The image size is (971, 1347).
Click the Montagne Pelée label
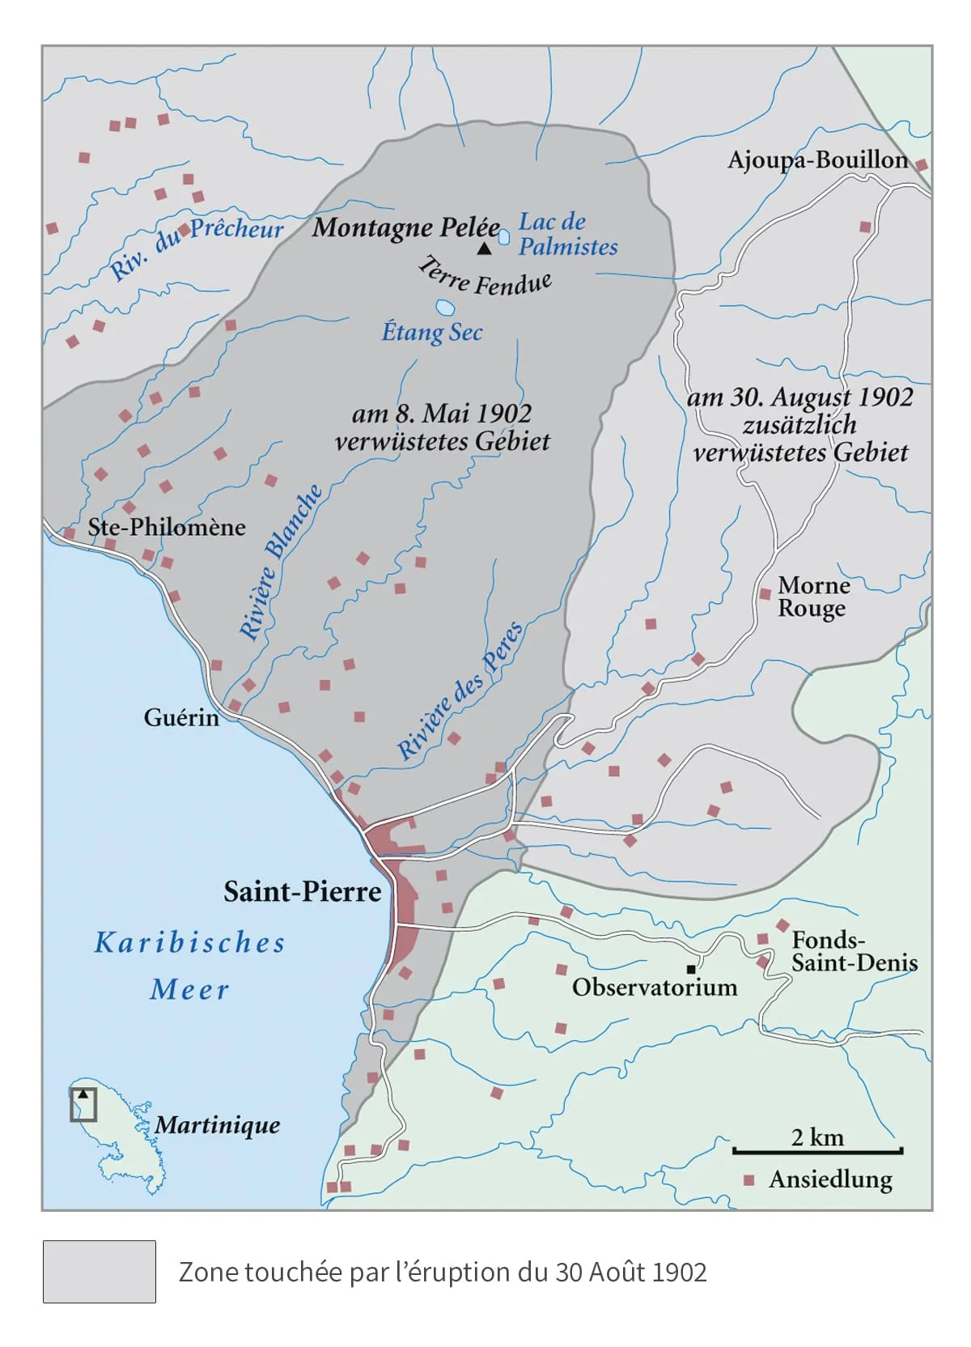click(405, 227)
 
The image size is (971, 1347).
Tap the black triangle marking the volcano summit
click(484, 249)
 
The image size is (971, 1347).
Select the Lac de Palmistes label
click(567, 234)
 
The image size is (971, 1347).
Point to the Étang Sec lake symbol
click(444, 308)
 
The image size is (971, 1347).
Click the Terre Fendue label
click(485, 278)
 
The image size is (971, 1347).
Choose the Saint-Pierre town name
click(302, 892)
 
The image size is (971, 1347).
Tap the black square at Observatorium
click(690, 969)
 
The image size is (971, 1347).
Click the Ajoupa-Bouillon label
click(817, 159)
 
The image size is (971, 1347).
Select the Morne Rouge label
click(813, 597)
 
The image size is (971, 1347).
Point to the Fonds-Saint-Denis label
click(854, 951)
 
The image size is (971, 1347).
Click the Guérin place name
click(181, 717)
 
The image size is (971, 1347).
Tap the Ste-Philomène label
click(166, 527)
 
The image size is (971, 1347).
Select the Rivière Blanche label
click(281, 563)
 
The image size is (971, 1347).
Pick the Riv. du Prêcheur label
click(196, 248)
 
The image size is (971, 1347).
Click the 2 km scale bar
click(817, 1150)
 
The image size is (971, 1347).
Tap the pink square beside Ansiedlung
click(750, 1180)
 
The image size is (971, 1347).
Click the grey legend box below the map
click(99, 1272)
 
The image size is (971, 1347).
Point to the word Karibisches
click(190, 943)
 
